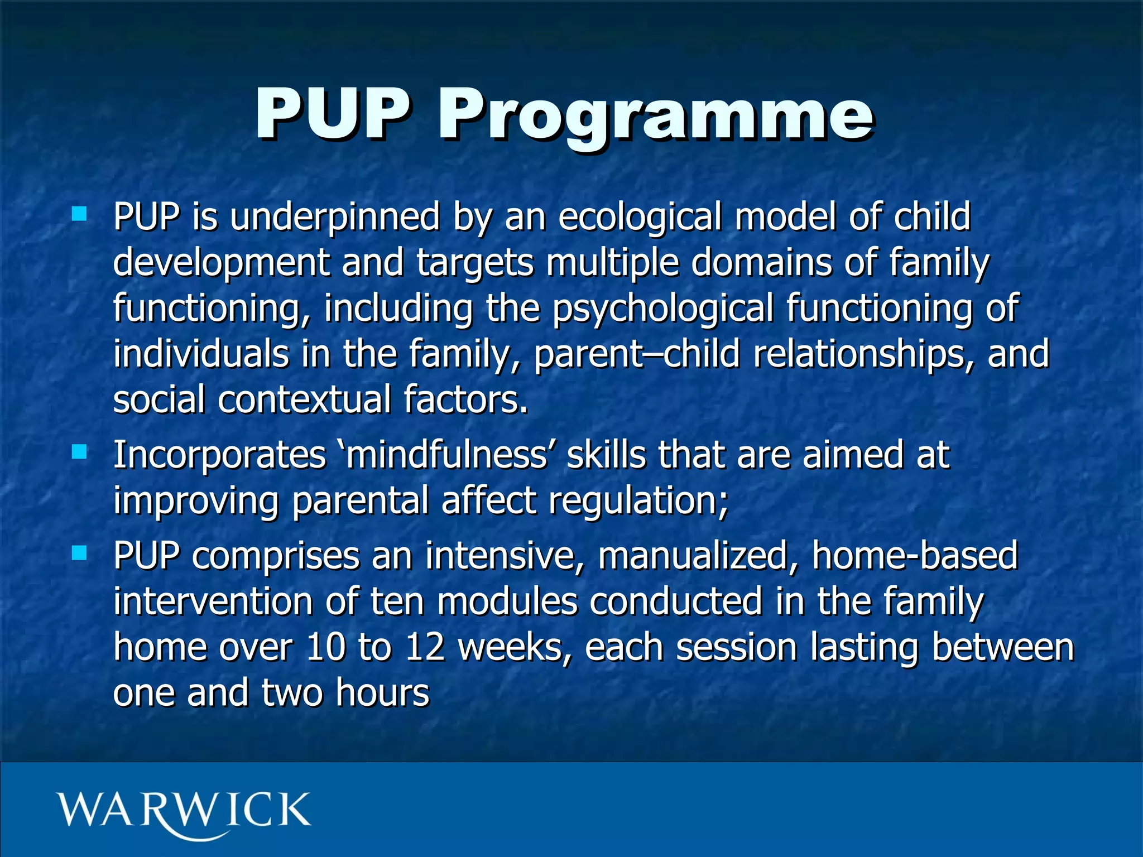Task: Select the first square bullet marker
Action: pyautogui.click(x=79, y=214)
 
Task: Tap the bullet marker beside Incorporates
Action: pyautogui.click(x=79, y=451)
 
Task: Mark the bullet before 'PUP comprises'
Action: pyautogui.click(x=79, y=553)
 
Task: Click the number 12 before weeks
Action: pyautogui.click(x=425, y=648)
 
